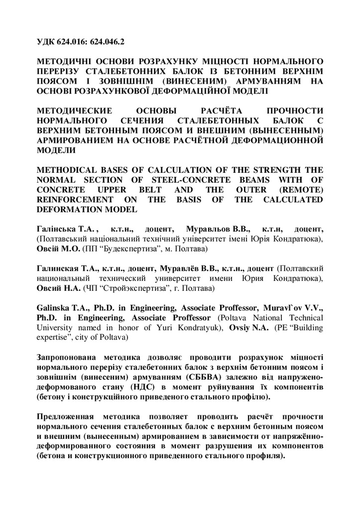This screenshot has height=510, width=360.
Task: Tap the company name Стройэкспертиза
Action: pos(116,288)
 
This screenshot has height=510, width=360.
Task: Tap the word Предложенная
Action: pos(67,416)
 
